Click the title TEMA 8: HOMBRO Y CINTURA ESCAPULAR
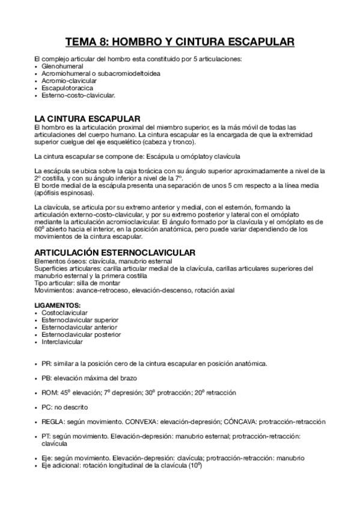point(180,42)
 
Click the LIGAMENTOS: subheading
point(58,306)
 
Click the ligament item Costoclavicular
point(64,313)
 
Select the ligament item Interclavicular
point(63,342)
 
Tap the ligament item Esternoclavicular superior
point(80,320)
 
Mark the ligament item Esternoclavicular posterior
point(81,334)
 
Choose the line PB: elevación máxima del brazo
point(89,378)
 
